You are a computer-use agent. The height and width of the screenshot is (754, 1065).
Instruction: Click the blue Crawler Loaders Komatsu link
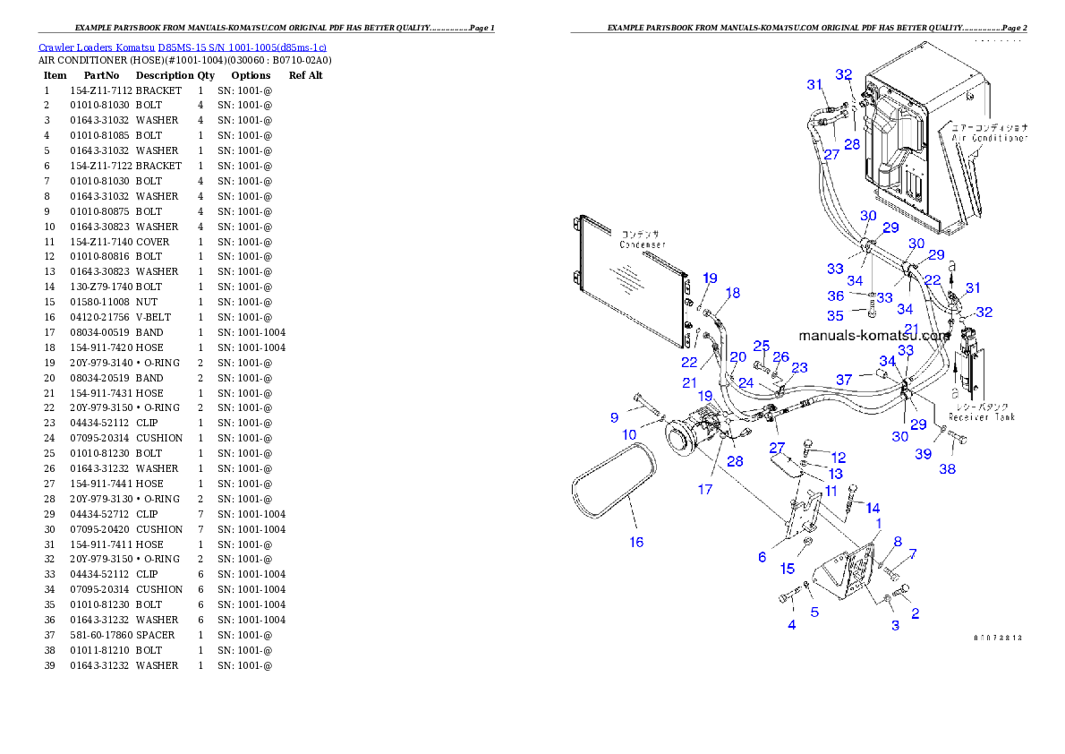click(182, 47)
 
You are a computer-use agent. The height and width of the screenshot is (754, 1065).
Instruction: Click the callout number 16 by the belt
click(636, 542)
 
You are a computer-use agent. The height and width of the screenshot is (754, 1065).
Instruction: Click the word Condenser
click(643, 244)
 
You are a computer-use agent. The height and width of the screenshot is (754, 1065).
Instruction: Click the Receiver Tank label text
click(982, 416)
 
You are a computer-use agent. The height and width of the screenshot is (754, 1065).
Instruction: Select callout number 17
click(705, 489)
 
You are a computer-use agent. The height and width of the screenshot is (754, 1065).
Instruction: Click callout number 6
click(762, 557)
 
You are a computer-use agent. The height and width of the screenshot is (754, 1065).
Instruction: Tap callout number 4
click(791, 625)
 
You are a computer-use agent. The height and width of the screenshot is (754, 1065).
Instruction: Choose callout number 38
click(947, 468)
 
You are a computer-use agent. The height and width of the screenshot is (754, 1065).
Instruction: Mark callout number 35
click(834, 316)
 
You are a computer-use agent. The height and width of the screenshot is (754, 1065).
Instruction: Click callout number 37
click(844, 380)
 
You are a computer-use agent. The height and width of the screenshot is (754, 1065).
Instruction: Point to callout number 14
click(873, 508)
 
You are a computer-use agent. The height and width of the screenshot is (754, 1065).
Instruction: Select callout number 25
click(761, 346)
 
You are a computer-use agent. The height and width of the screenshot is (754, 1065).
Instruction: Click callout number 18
click(733, 293)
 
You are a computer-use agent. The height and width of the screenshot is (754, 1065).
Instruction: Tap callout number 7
click(913, 554)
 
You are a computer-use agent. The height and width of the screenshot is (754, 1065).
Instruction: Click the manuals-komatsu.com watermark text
click(873, 336)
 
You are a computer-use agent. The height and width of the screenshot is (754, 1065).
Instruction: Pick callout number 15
click(788, 569)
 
